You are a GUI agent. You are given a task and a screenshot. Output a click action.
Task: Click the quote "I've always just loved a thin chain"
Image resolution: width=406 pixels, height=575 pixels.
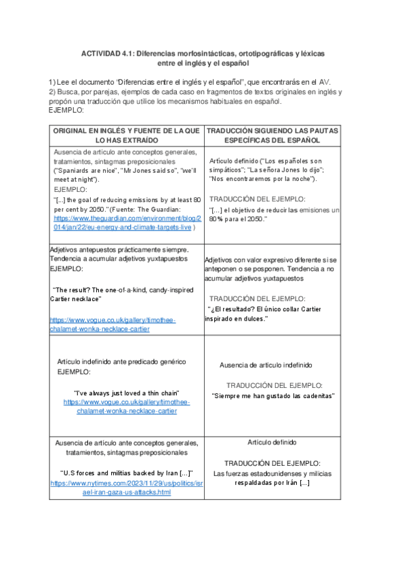point(127,393)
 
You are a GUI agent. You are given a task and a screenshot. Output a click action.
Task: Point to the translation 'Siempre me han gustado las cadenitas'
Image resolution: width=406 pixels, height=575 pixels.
point(273,395)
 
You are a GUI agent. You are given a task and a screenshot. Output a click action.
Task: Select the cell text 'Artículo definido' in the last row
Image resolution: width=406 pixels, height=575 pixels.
point(272,441)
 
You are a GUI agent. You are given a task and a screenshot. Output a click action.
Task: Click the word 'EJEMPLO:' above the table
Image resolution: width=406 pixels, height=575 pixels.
point(66,110)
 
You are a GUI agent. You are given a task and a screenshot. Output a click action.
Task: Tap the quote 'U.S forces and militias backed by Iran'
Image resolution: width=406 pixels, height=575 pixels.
point(127,473)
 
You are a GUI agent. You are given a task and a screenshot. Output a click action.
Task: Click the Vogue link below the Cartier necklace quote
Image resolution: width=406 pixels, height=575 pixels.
point(113,324)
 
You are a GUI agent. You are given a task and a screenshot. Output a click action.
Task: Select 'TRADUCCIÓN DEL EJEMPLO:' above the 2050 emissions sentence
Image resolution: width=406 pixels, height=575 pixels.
point(258,199)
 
